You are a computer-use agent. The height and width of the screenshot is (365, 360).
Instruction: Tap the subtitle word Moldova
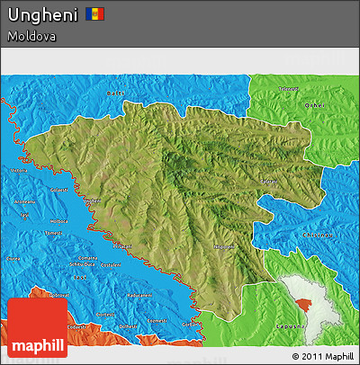31,37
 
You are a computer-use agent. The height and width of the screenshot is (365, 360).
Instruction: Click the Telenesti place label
288,88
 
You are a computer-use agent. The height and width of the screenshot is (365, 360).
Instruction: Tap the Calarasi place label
268,182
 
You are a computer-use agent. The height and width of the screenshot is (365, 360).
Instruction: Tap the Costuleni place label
110,265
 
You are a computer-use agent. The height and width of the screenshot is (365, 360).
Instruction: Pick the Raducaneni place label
139,295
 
